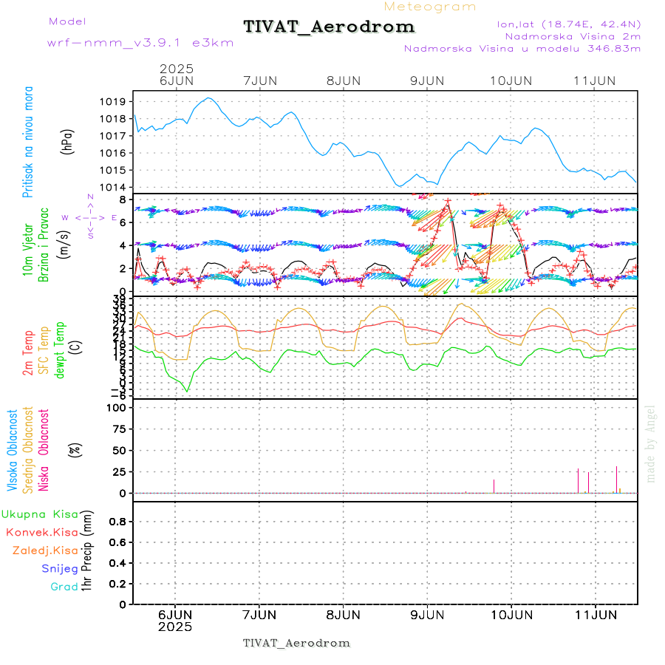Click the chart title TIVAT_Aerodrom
[329, 27]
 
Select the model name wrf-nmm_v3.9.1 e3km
[140, 43]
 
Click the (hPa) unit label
[68, 140]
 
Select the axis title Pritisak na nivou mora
[27, 142]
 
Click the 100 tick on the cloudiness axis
[118, 407]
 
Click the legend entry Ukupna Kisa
[39, 514]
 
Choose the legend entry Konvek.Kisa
[41, 532]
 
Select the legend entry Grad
[64, 587]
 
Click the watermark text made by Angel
[651, 443]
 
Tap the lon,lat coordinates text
[569, 24]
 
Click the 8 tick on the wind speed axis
[126, 199]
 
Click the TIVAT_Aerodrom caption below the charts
[296, 643]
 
